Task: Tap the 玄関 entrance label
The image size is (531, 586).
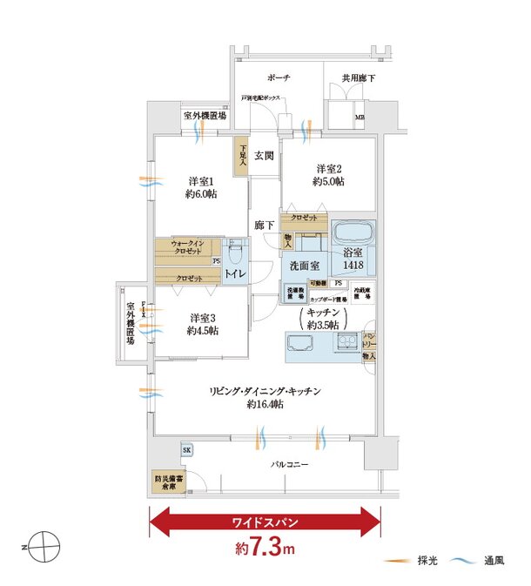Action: [265, 157]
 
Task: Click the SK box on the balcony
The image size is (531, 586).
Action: [186, 449]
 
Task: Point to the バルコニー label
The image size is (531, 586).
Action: [288, 467]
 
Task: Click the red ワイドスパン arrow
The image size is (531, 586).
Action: [265, 523]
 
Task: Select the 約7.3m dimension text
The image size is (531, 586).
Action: [265, 550]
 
